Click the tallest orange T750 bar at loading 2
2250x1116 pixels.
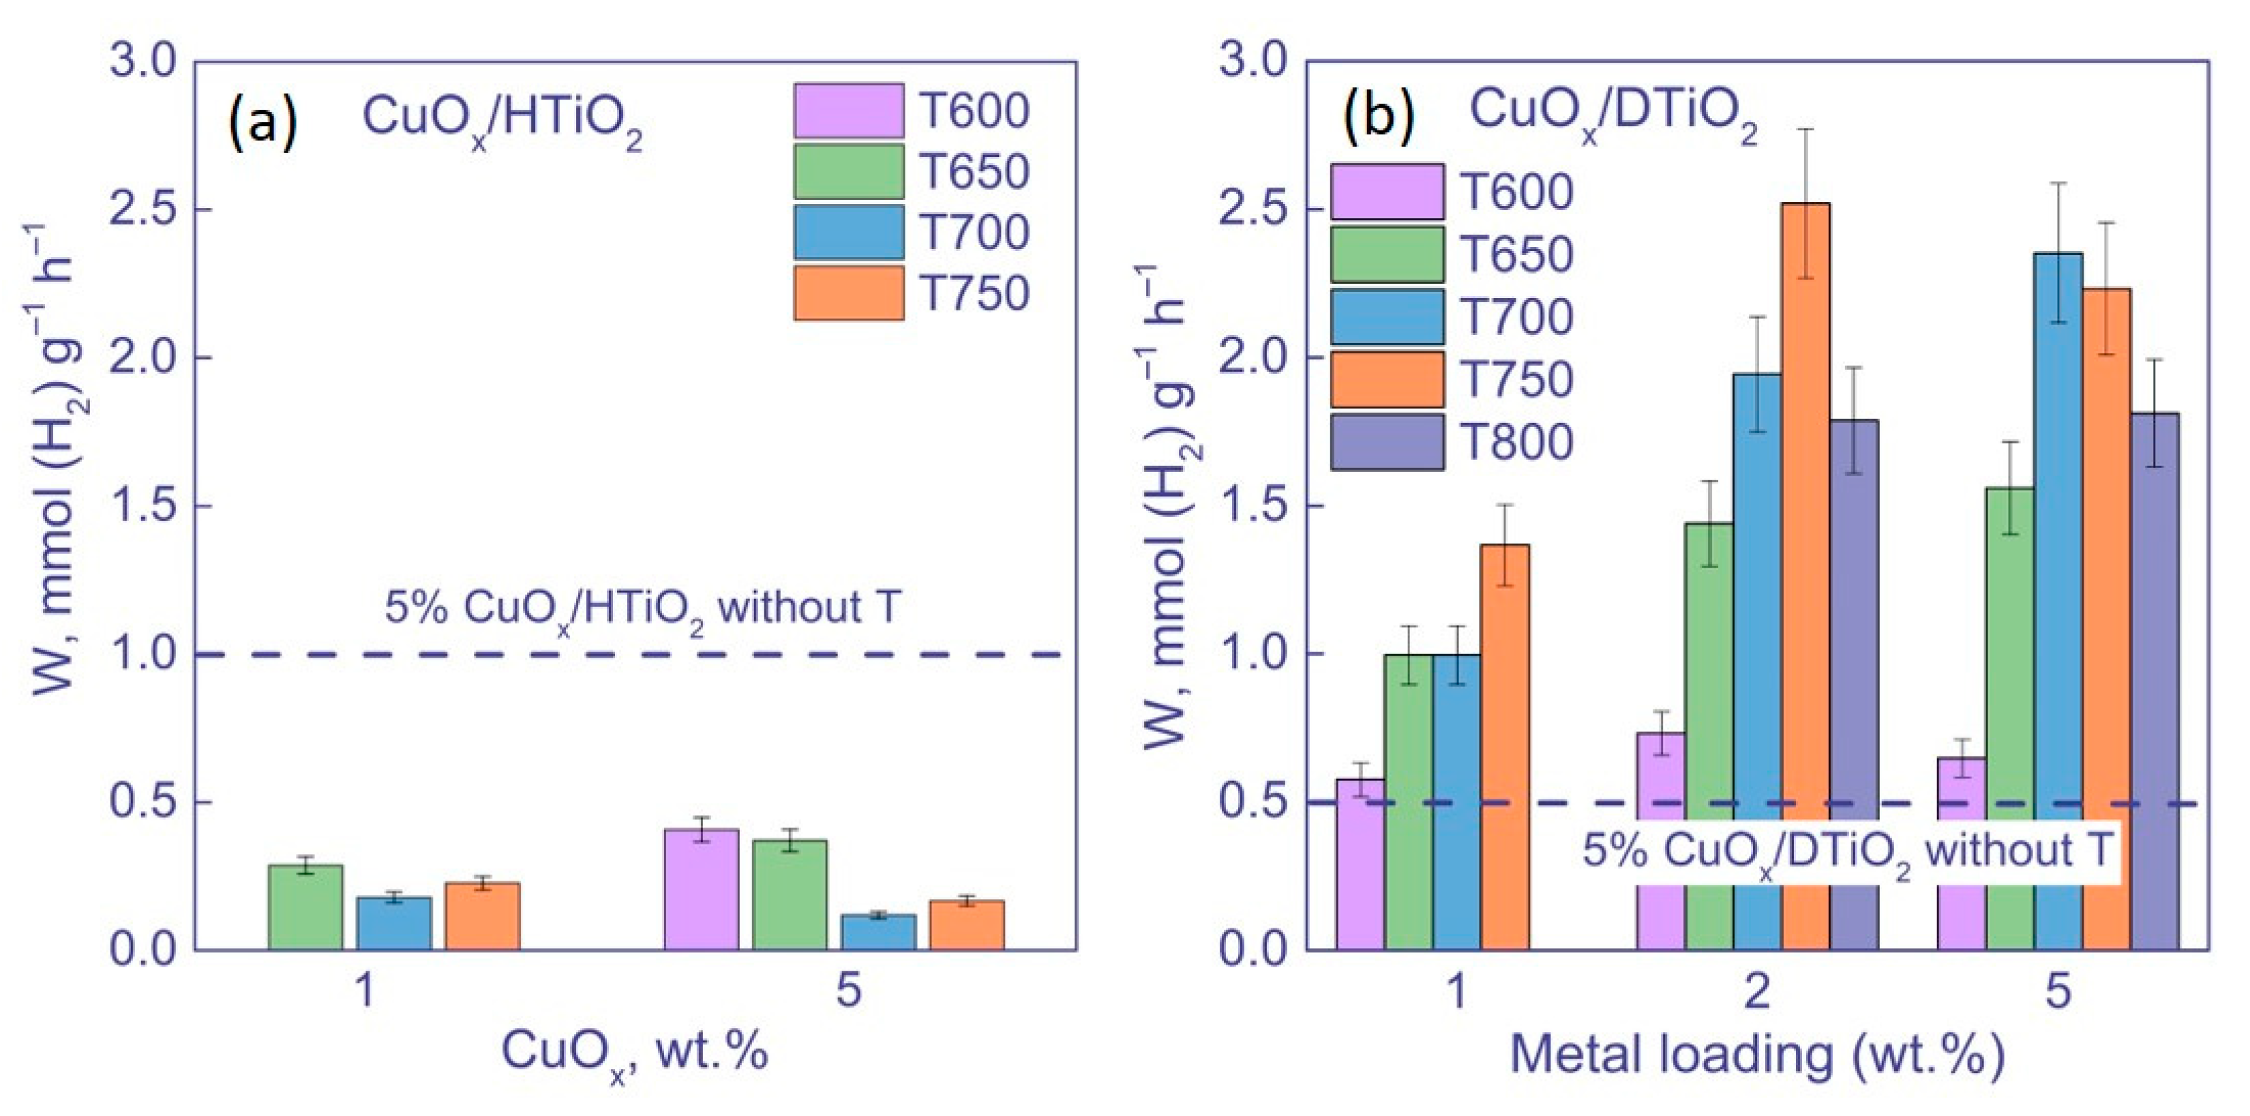pyautogui.click(x=1805, y=577)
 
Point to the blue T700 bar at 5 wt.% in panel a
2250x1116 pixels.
pyautogui.click(x=879, y=932)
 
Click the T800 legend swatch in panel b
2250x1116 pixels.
pyautogui.click(x=1387, y=442)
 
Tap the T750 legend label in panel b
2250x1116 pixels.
pyautogui.click(x=1516, y=379)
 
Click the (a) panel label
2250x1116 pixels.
pyautogui.click(x=262, y=122)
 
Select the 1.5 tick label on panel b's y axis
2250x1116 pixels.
pyautogui.click(x=1252, y=507)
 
